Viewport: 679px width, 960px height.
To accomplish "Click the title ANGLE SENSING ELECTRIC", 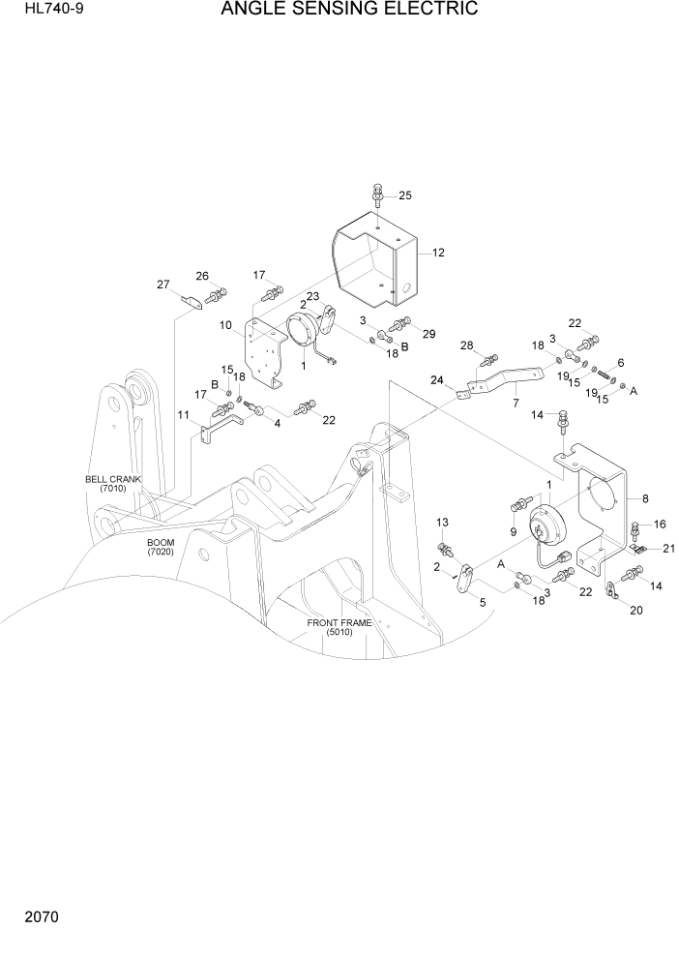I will (349, 11).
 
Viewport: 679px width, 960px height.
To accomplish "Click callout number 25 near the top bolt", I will (404, 195).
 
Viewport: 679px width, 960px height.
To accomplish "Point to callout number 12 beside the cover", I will (437, 253).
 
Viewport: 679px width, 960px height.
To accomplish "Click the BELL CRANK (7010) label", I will (113, 484).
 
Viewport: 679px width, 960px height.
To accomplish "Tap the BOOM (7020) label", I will (161, 547).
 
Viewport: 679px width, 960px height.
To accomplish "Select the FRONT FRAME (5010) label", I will (339, 627).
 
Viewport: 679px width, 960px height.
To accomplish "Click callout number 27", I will (163, 285).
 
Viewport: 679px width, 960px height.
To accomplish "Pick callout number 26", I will (202, 276).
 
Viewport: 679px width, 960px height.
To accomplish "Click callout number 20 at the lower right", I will (635, 611).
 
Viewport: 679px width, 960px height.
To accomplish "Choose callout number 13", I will (443, 523).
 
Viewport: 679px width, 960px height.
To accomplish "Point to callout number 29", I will (428, 334).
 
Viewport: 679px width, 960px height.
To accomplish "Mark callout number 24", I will (436, 380).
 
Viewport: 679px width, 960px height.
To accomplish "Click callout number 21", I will (667, 549).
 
